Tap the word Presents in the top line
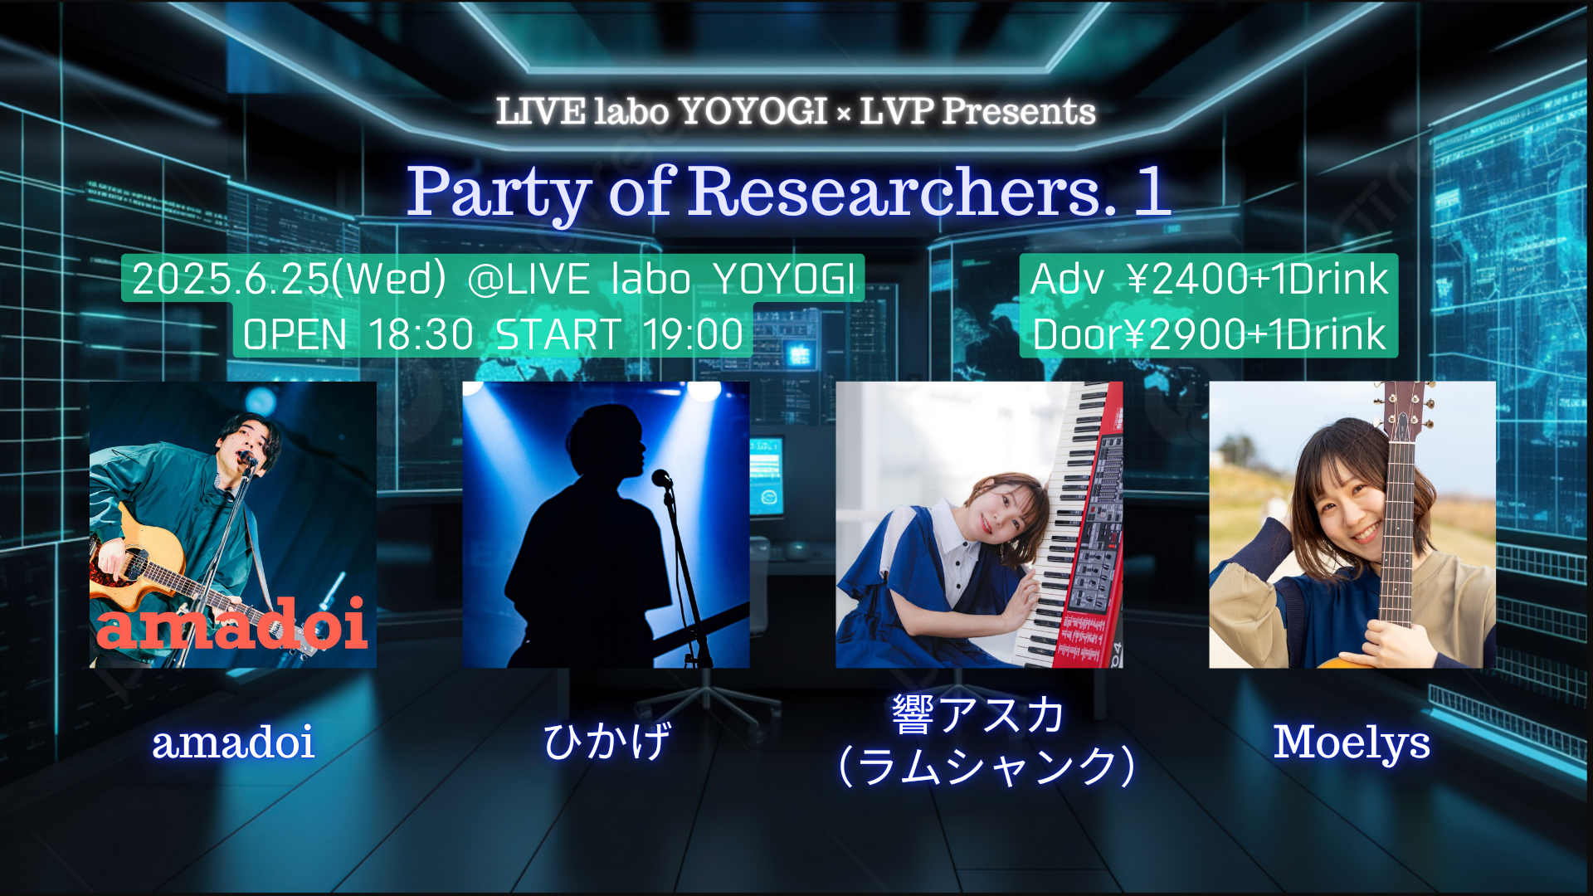pyautogui.click(x=1018, y=111)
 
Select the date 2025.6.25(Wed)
pyautogui.click(x=289, y=278)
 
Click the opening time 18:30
pyautogui.click(x=421, y=334)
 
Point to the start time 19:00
pyautogui.click(x=694, y=334)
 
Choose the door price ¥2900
pyautogui.click(x=1187, y=334)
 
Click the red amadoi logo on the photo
pyautogui.click(x=232, y=624)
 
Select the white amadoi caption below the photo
pyautogui.click(x=233, y=742)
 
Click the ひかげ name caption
pyautogui.click(x=607, y=741)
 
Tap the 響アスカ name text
pyautogui.click(x=978, y=714)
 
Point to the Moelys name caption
pyautogui.click(x=1352, y=743)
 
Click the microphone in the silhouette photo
pyautogui.click(x=662, y=478)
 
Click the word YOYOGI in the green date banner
pyautogui.click(x=784, y=278)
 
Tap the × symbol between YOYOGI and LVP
pyautogui.click(x=843, y=114)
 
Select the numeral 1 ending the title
pyautogui.click(x=1152, y=190)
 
